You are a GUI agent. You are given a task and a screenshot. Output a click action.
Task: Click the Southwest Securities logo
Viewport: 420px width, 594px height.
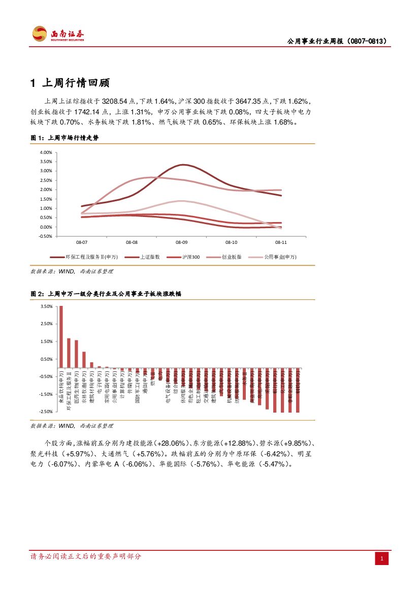(58, 35)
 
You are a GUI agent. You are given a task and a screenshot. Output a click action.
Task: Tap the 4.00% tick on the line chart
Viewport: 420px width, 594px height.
(46, 152)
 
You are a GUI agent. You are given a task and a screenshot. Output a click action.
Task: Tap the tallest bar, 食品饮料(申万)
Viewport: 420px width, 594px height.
(61, 336)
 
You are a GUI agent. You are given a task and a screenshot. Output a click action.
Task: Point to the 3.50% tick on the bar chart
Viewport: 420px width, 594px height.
(46, 306)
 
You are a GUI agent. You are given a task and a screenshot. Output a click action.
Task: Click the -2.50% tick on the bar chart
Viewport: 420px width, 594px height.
(46, 411)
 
